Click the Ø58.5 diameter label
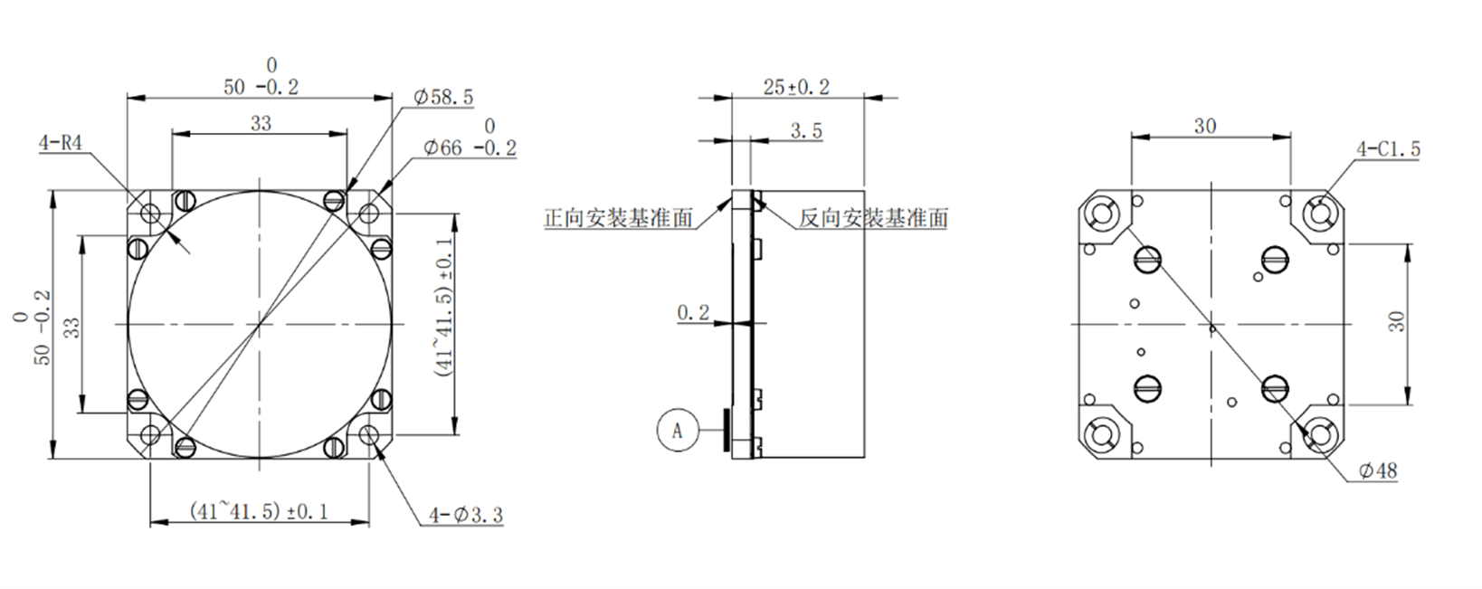(442, 97)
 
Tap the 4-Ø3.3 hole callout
(465, 516)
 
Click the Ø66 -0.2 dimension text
(468, 148)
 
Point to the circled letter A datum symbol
(677, 431)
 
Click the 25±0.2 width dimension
(796, 87)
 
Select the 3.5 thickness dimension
(806, 131)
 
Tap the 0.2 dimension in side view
(693, 313)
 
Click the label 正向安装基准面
(618, 218)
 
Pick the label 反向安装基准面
(873, 218)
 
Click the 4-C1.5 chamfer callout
(1388, 149)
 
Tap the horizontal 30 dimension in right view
(1205, 126)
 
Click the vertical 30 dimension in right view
(1397, 321)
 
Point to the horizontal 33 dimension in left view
(261, 123)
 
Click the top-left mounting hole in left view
(150, 214)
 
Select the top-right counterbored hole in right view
(1318, 213)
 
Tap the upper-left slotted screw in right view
(1146, 260)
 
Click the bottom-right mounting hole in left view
(369, 435)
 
